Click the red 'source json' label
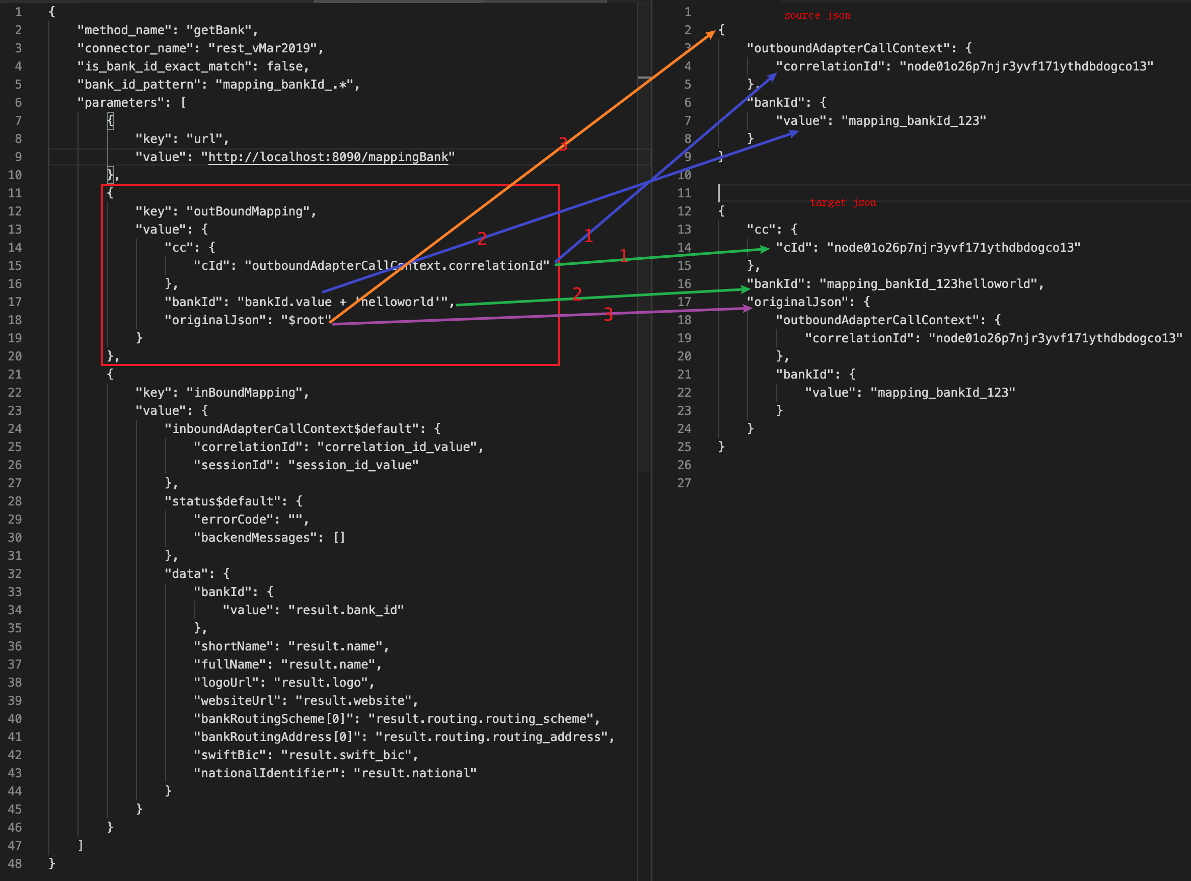[x=817, y=16]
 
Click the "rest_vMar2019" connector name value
[x=265, y=48]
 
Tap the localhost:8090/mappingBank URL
[x=328, y=157]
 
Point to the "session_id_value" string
[x=353, y=466]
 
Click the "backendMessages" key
[x=258, y=538]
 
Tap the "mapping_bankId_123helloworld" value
[x=931, y=284]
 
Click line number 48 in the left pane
[x=15, y=864]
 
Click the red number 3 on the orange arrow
[x=563, y=144]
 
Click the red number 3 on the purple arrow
[x=608, y=315]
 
